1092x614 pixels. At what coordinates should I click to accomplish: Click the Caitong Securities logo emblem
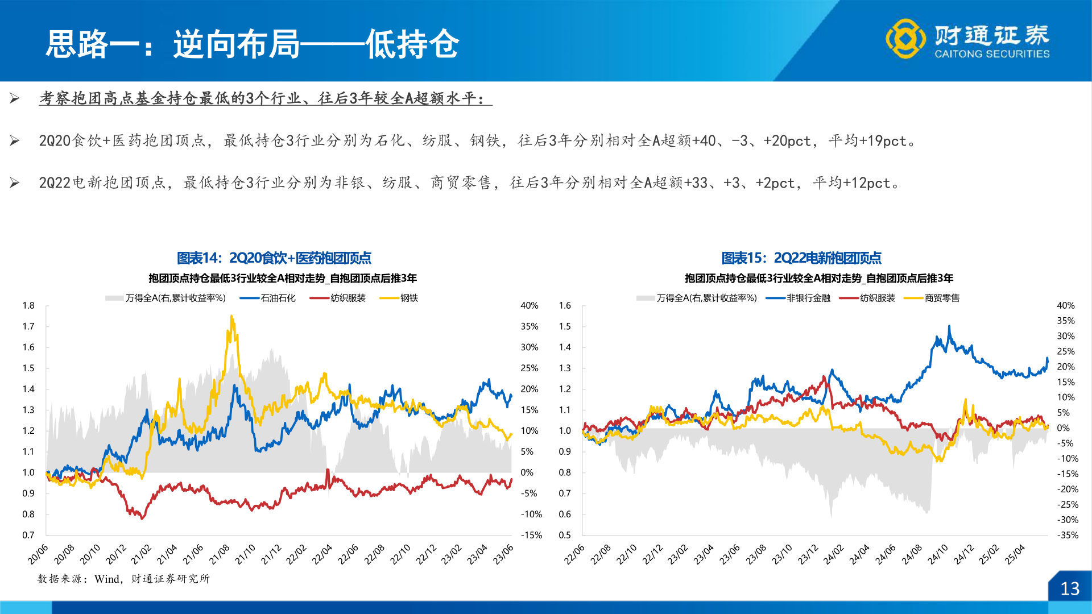(905, 39)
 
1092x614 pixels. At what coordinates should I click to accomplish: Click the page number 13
(1069, 588)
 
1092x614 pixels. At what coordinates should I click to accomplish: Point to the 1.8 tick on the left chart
(28, 305)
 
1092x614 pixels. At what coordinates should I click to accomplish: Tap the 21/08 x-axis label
(220, 554)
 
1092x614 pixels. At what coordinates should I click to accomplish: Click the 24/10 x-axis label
(938, 554)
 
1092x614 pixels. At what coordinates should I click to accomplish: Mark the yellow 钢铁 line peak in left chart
(231, 317)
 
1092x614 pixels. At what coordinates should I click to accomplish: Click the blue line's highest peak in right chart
(949, 326)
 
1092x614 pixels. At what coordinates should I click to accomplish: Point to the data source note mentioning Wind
(123, 579)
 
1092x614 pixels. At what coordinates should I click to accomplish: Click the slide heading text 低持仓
(412, 44)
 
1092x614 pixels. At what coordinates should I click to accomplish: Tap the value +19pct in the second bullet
(883, 140)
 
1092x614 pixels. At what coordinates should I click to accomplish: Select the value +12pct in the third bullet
(867, 182)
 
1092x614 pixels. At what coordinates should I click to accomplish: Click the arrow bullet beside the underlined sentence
(15, 99)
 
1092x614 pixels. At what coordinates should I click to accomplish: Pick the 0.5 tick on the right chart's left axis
(564, 535)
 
